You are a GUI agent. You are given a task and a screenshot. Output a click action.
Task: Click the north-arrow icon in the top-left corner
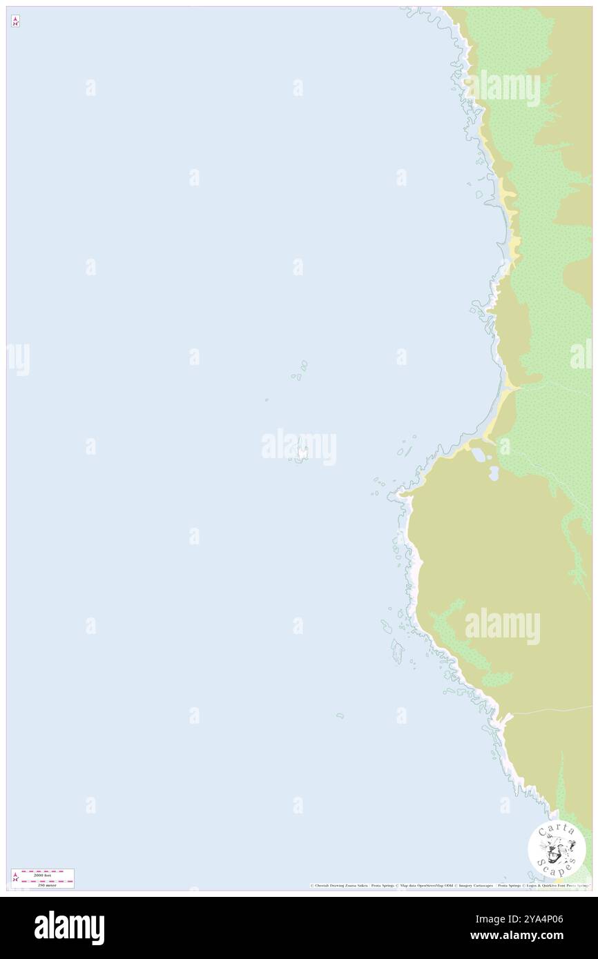point(15,21)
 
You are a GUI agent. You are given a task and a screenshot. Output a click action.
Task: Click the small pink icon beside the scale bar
point(15,878)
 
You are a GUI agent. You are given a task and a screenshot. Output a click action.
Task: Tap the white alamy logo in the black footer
point(69,928)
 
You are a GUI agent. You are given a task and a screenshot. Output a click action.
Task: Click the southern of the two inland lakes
point(494,473)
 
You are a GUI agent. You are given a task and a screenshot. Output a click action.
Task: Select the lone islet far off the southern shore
point(340,715)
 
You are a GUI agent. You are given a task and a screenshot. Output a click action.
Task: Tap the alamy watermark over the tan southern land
point(502,626)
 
